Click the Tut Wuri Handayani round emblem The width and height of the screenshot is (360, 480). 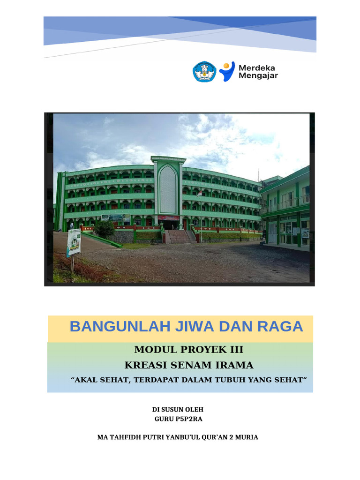tap(205, 72)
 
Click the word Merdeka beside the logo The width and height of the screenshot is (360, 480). tap(257, 67)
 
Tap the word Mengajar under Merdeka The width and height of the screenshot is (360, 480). tap(258, 76)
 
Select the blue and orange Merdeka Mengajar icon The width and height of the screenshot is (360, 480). tap(227, 71)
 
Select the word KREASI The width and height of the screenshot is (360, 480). tap(147, 365)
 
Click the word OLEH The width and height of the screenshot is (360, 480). tap(193, 410)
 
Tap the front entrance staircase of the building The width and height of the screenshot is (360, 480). tap(180, 236)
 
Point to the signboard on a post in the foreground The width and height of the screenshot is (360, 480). tap(74, 242)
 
